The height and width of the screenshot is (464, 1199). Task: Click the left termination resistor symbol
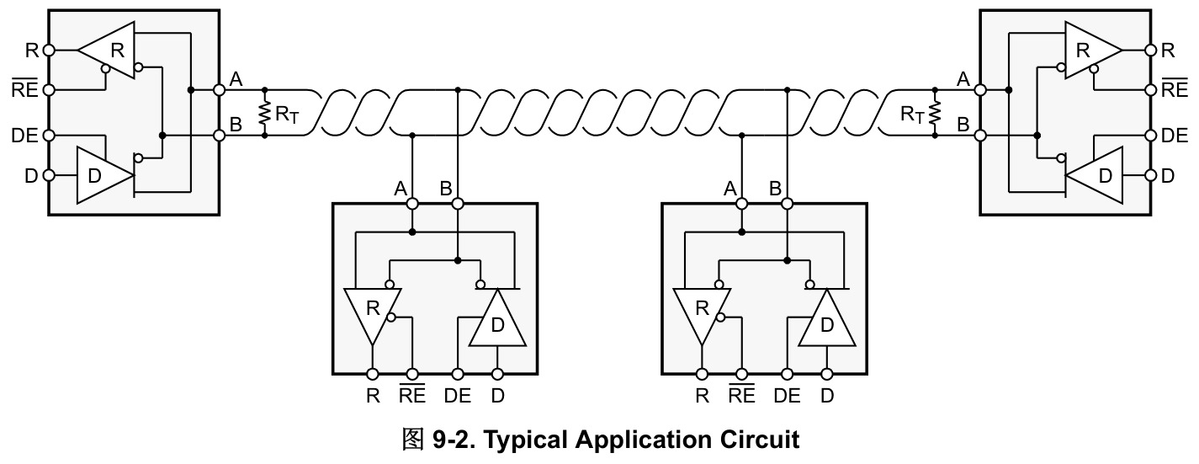pos(263,113)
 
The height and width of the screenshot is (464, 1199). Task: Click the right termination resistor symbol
pos(935,113)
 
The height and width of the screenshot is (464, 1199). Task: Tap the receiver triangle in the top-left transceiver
pos(107,51)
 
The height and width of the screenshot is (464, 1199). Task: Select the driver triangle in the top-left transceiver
pos(104,175)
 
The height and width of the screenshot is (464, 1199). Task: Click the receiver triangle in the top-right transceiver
pos(1093,51)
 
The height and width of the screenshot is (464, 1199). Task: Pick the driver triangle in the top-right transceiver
pos(1094,175)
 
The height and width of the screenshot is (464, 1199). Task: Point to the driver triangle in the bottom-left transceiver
pos(497,317)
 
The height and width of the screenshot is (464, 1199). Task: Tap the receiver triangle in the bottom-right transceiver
pos(702,317)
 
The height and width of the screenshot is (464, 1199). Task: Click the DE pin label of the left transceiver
pos(24,136)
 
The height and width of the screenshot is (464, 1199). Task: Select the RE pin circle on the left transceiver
pos(49,89)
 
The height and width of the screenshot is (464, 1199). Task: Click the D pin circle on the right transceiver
pos(1151,175)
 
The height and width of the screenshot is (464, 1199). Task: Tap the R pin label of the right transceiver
pos(1168,51)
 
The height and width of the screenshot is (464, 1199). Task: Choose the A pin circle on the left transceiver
pos(219,89)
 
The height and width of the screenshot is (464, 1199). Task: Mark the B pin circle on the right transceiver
pos(980,136)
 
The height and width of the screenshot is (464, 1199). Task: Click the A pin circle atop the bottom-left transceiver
pos(412,204)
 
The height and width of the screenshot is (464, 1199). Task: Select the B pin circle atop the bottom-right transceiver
pos(787,204)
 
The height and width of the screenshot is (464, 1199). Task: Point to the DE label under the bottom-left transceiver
pos(458,396)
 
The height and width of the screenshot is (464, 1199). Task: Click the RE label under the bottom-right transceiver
pos(741,394)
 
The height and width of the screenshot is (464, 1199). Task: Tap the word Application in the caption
pos(643,440)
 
